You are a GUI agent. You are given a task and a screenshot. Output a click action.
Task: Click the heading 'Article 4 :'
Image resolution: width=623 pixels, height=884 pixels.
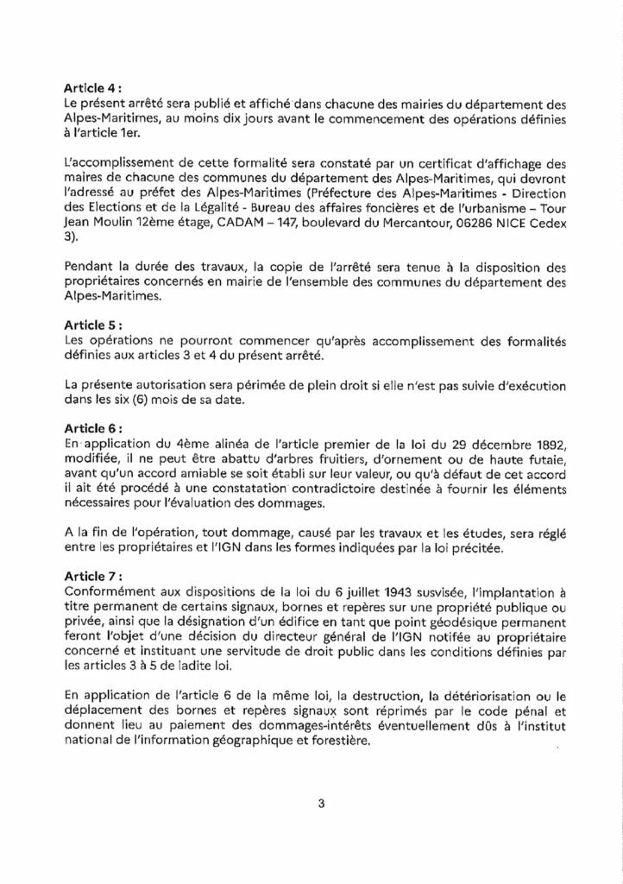pyautogui.click(x=93, y=89)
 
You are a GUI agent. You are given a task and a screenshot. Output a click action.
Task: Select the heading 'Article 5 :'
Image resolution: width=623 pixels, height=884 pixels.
pyautogui.click(x=93, y=326)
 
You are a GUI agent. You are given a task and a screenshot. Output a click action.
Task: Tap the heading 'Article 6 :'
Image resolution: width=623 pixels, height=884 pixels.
pyautogui.click(x=93, y=427)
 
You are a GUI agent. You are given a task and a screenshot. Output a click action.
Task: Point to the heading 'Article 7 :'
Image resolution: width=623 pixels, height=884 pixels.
pyautogui.click(x=93, y=576)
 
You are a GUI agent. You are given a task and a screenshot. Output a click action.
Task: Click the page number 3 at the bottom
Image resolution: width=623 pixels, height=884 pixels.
pyautogui.click(x=320, y=805)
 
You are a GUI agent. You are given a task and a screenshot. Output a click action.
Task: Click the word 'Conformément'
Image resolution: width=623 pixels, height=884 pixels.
pyautogui.click(x=108, y=590)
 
